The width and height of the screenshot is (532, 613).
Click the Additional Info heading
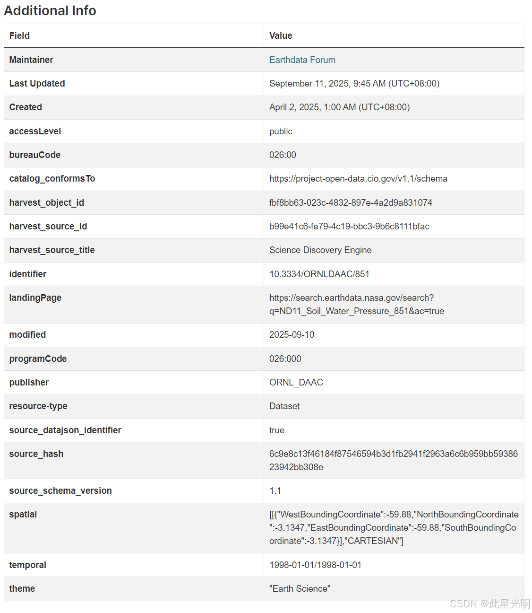pyautogui.click(x=50, y=10)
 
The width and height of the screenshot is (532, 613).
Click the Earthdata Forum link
pyautogui.click(x=302, y=60)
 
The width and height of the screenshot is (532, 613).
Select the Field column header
pyautogui.click(x=19, y=36)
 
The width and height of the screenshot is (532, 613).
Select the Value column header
pyautogui.click(x=281, y=36)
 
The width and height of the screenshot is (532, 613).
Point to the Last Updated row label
pyautogui.click(x=37, y=84)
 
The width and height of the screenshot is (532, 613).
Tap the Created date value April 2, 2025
pyautogui.click(x=339, y=107)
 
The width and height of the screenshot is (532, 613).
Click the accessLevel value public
pyautogui.click(x=281, y=131)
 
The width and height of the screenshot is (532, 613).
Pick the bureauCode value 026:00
pyautogui.click(x=283, y=155)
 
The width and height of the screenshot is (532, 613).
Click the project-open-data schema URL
pyautogui.click(x=358, y=179)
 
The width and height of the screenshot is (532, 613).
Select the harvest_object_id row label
pyautogui.click(x=46, y=203)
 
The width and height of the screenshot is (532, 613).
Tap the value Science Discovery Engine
pyautogui.click(x=320, y=250)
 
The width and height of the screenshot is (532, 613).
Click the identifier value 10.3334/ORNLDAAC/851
pyautogui.click(x=319, y=274)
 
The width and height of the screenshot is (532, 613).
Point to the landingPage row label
pyautogui.click(x=35, y=298)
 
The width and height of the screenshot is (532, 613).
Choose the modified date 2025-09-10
pyautogui.click(x=292, y=335)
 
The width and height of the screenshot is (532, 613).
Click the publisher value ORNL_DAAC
pyautogui.click(x=296, y=383)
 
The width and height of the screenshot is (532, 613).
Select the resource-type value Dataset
pyautogui.click(x=284, y=406)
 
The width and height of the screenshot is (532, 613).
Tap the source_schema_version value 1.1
pyautogui.click(x=275, y=491)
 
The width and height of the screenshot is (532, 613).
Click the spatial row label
pyautogui.click(x=23, y=515)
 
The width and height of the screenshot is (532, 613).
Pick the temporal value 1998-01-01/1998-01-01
pyautogui.click(x=315, y=565)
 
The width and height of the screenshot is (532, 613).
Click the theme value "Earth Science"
pyautogui.click(x=300, y=589)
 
